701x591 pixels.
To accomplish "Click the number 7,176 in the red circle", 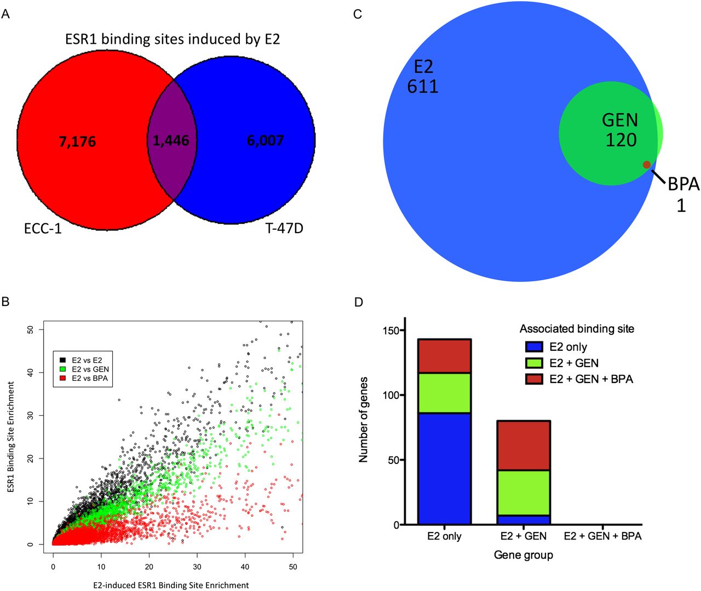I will point(77,142).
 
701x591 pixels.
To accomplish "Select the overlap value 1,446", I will point(171,141).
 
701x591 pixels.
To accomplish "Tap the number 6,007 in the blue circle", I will point(265,141).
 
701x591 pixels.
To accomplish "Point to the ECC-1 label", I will point(43,228).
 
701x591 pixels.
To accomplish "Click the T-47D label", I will point(284,228).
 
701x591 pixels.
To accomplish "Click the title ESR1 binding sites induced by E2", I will point(172,39).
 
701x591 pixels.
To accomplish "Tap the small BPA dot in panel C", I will point(647,165).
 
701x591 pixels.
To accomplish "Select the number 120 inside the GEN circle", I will point(620,140).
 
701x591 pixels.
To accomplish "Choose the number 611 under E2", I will point(422,86).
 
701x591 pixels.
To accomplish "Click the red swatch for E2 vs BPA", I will point(62,378).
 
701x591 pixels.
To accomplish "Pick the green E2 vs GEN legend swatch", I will point(62,369).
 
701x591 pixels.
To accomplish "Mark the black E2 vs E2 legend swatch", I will point(62,360).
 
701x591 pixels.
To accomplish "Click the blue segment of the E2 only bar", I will point(444,468).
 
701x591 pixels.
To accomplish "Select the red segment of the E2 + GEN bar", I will point(523,445).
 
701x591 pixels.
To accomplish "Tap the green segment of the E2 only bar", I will point(444,392).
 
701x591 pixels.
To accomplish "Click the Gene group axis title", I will point(523,555).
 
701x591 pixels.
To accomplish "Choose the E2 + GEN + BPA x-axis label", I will point(602,536).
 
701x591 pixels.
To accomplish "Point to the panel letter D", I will point(359,302).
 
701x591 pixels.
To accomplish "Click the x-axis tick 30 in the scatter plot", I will point(197,567).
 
